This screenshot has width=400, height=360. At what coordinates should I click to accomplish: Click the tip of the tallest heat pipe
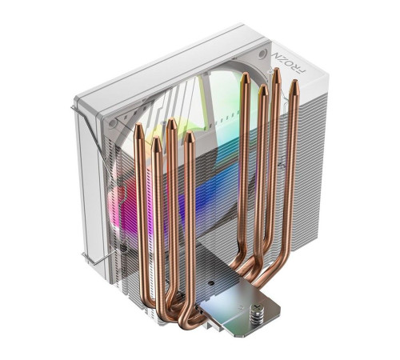point(276,73)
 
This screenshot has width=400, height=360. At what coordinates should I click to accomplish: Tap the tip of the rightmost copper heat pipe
point(294,84)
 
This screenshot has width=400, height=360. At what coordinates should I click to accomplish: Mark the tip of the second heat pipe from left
point(156,142)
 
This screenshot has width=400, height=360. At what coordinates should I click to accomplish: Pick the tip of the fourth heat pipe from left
point(190,138)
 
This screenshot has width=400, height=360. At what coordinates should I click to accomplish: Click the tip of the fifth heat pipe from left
point(245,78)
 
